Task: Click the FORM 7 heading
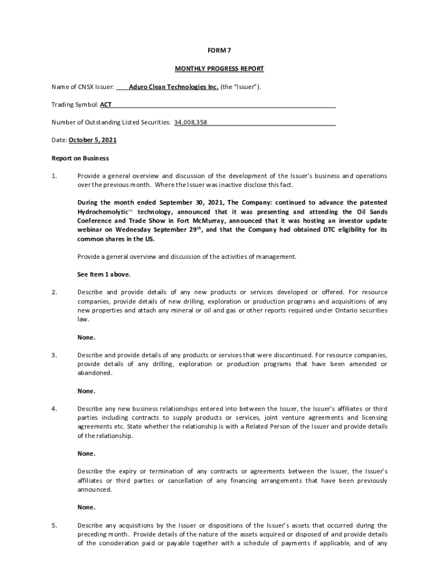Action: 219,50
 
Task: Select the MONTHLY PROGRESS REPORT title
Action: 219,69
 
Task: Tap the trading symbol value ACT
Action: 106,105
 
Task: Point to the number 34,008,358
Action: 190,122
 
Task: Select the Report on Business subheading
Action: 80,158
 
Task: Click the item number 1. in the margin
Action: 55,176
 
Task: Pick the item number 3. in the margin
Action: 55,355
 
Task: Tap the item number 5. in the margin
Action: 55,525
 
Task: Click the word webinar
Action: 90,230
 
